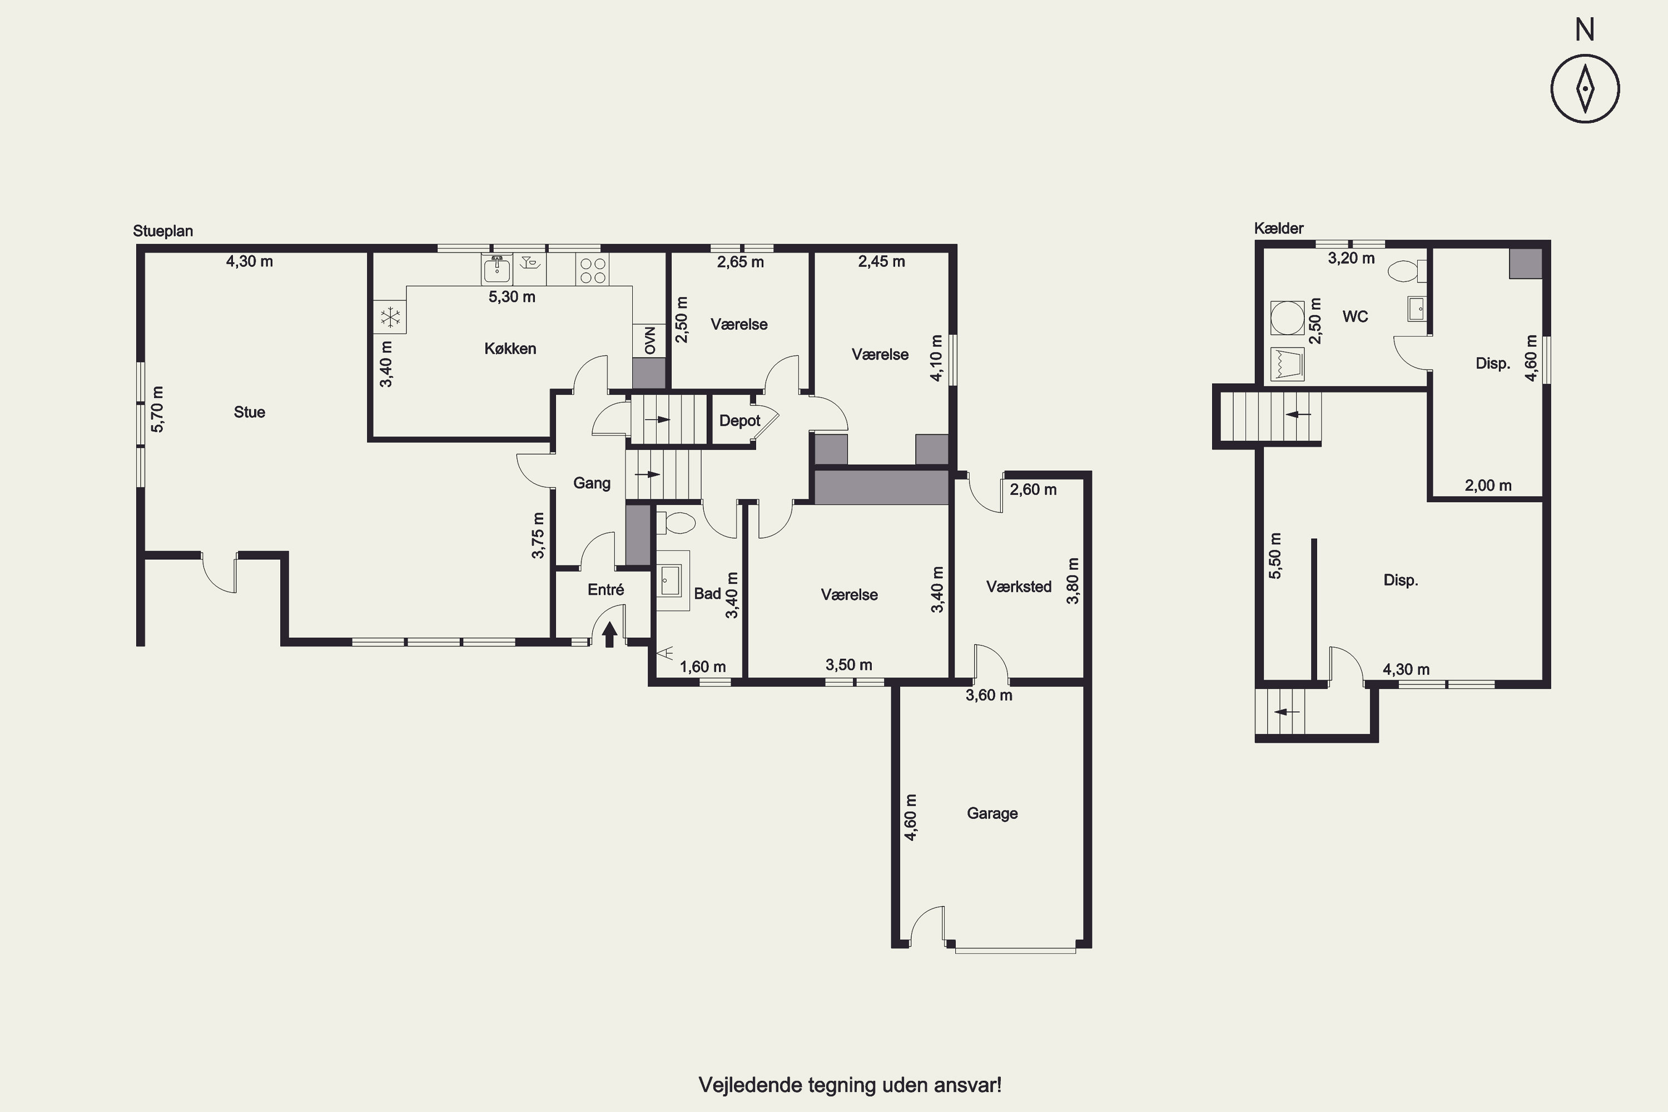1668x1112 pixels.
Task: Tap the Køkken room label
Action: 510,348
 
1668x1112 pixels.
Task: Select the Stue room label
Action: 250,412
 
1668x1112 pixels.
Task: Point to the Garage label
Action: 992,813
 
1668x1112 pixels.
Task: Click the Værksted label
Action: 1019,587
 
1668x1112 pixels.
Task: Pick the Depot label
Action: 739,420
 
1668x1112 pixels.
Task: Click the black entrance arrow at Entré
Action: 609,635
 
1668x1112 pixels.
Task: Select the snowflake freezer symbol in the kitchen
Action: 390,317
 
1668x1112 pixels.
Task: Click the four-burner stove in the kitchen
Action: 593,270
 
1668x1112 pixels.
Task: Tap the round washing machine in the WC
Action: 1287,317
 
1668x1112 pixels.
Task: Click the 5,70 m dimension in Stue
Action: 157,409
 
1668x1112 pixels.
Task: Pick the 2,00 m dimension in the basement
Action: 1488,486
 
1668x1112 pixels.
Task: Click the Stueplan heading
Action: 163,231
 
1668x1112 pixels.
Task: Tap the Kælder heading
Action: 1279,229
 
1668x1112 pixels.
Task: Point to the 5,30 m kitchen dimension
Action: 512,296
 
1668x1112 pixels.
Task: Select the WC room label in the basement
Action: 1356,316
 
